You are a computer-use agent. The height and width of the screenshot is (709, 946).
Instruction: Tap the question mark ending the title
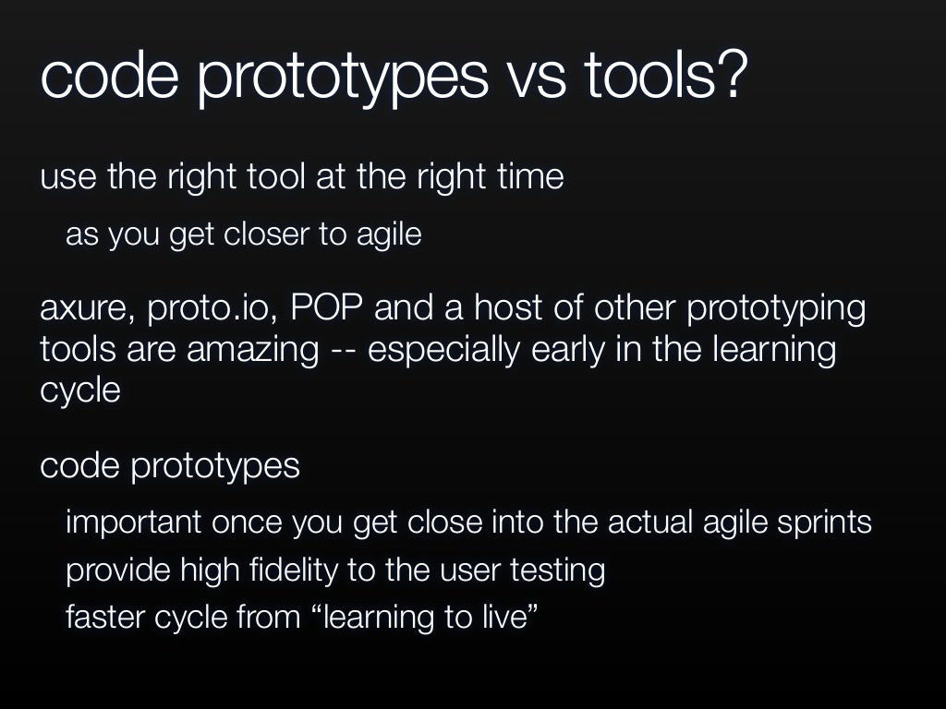point(729,76)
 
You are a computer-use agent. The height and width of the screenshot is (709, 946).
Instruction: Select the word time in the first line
point(528,176)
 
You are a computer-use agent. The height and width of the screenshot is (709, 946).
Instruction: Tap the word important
point(133,523)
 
